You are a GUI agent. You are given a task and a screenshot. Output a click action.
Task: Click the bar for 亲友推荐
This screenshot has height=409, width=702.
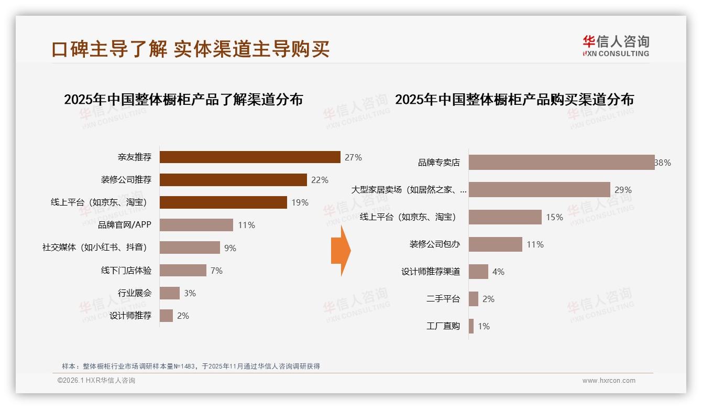pos(250,157)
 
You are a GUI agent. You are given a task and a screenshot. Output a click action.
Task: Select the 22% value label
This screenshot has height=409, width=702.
pos(320,180)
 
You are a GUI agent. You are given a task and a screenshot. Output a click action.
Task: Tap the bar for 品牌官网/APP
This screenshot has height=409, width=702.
pos(196,225)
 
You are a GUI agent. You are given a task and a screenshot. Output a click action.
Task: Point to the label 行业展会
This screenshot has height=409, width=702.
pos(135,293)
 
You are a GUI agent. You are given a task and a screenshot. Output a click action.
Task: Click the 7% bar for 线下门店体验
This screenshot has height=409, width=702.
pos(183,271)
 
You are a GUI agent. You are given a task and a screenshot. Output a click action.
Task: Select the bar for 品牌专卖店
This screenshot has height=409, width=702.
pos(561,163)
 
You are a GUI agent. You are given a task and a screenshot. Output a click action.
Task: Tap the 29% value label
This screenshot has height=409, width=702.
pos(623,190)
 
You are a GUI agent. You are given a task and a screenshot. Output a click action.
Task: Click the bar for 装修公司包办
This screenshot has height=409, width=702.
pos(495,244)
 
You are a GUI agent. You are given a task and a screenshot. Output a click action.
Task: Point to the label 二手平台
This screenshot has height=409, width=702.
pos(443,299)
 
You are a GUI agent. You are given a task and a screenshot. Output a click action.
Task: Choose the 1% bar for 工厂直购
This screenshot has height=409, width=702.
pos(471,326)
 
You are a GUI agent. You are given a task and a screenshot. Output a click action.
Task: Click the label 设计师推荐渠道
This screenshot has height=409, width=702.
pos(431,272)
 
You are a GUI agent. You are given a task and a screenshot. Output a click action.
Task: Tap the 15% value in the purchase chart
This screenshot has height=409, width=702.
pos(554,217)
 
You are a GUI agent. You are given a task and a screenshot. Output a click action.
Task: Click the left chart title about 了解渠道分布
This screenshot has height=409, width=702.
pos(183,99)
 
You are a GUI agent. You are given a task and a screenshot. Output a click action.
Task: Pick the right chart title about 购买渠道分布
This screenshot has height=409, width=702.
pos(514,99)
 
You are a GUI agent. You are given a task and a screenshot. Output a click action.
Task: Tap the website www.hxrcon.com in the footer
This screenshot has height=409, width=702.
pos(609,381)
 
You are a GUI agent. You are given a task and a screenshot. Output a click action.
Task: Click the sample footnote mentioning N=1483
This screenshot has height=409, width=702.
pos(191,367)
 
